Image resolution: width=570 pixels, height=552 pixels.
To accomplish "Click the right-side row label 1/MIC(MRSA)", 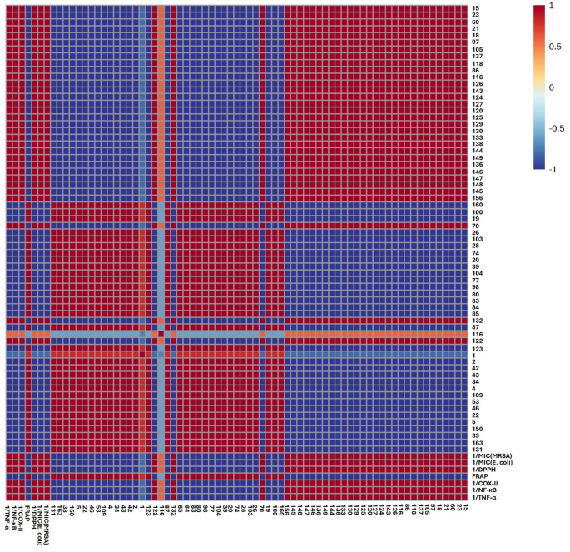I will tap(491, 456).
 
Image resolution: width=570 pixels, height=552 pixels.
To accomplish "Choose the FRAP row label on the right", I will tap(478, 476).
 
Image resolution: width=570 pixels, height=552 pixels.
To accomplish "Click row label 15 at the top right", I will tap(474, 8).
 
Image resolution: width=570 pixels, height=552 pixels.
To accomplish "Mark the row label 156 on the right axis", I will tap(476, 197).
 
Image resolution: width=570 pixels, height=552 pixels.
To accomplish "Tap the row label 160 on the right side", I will tap(476, 205).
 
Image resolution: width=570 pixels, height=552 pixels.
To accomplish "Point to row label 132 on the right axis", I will tap(476, 320).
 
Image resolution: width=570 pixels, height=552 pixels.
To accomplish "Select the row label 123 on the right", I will tap(476, 349).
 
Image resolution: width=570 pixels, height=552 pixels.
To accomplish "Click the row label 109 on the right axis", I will tap(476, 391).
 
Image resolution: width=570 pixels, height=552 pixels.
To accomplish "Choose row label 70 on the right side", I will tap(474, 226).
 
